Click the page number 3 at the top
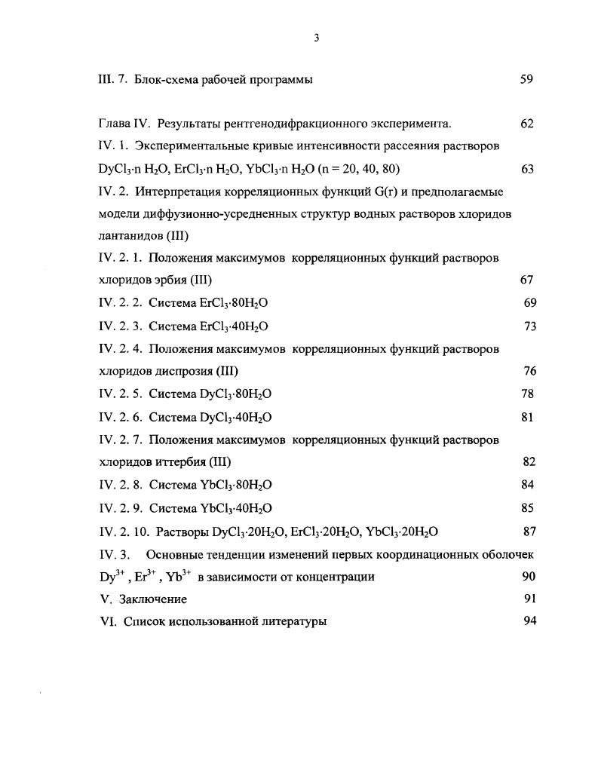pos(317,39)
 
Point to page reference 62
pos(527,124)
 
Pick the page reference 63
pos(527,169)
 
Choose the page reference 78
pos(527,394)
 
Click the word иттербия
pos(185,461)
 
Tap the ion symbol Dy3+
pos(111,577)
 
